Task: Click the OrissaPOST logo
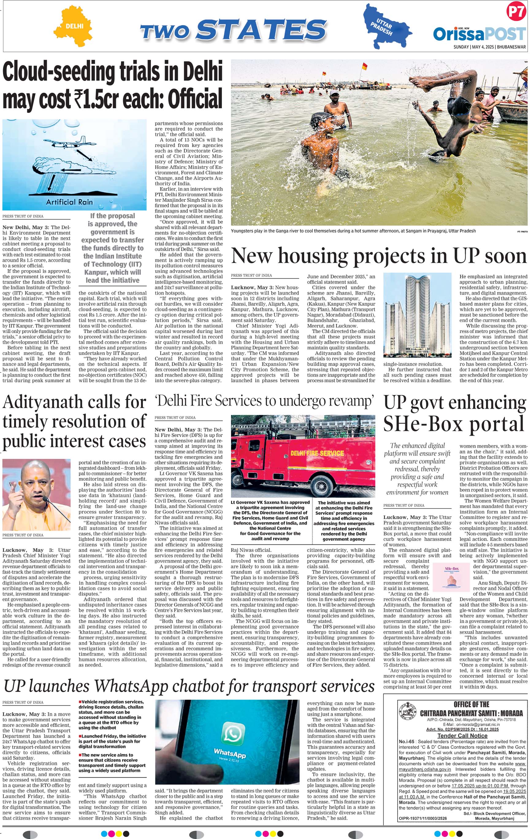(479, 34)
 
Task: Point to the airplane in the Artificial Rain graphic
(70, 143)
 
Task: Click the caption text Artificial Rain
(70, 202)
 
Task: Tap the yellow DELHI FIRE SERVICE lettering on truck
(317, 453)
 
